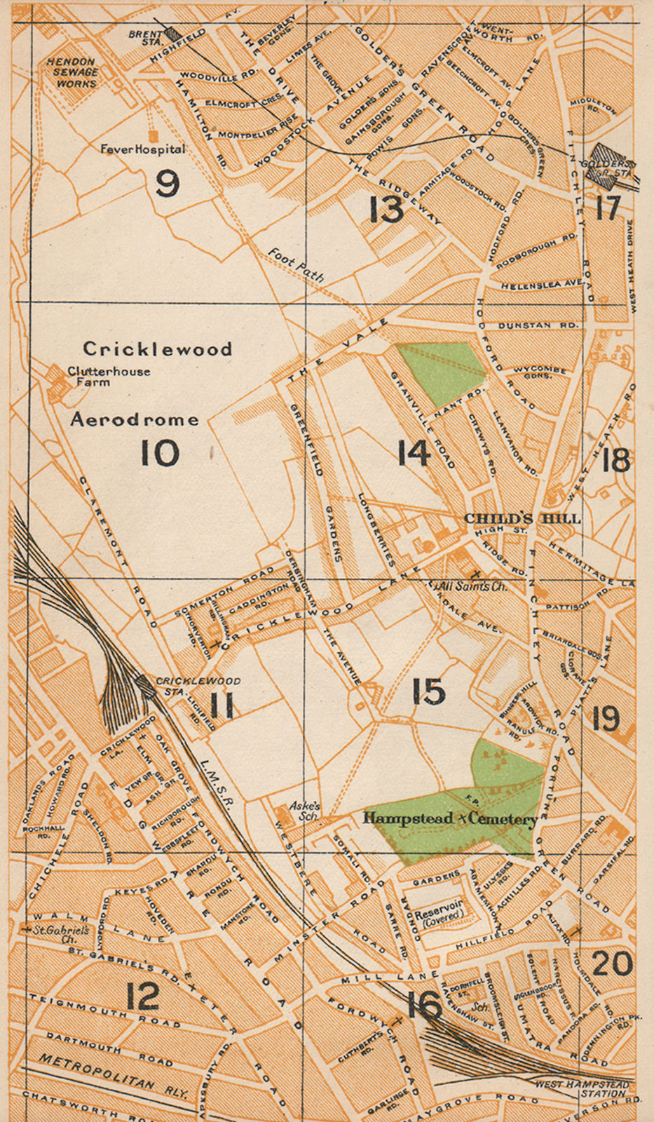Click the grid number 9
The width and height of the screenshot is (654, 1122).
coord(168,184)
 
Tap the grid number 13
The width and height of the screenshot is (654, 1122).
coord(387,210)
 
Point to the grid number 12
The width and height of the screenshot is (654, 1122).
coord(143,996)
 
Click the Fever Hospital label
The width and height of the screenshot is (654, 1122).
coord(142,149)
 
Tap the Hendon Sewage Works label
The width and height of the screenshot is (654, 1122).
coord(72,72)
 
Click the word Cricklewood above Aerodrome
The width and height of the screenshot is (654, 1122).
coord(157,349)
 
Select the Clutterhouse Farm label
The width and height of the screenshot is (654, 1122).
coord(108,377)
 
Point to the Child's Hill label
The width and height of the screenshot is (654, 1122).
coord(522,518)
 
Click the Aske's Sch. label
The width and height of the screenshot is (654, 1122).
coord(306,811)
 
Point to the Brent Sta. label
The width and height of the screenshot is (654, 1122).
coord(144,37)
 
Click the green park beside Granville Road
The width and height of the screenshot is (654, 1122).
coord(439,372)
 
